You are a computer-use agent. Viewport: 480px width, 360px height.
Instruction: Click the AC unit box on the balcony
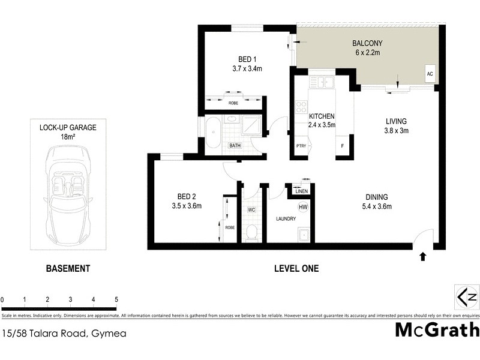click(x=430, y=74)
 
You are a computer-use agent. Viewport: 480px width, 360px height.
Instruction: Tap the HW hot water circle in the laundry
click(x=303, y=207)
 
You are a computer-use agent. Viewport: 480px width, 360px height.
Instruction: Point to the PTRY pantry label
click(x=301, y=146)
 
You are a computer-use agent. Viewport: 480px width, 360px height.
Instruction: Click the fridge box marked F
click(x=343, y=146)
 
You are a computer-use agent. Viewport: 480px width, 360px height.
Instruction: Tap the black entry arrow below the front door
click(x=422, y=257)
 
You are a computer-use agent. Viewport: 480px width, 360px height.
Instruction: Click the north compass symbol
click(x=467, y=297)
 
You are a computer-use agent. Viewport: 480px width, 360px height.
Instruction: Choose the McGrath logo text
click(x=437, y=330)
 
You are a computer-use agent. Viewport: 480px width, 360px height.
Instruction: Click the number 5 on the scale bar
click(x=116, y=299)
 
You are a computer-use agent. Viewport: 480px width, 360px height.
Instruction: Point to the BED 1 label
click(x=247, y=59)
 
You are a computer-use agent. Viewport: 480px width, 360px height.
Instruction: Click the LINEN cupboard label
click(x=301, y=191)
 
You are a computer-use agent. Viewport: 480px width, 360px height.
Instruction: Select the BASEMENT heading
click(x=68, y=269)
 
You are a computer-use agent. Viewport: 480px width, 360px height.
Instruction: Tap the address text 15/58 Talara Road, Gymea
click(x=64, y=333)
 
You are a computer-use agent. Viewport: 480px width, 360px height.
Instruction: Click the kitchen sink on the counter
click(x=325, y=82)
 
